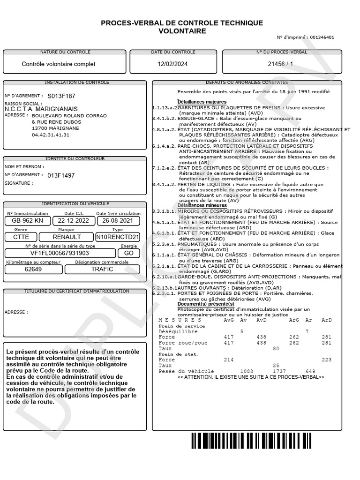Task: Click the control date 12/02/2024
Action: pyautogui.click(x=173, y=64)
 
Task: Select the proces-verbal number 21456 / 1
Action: pyautogui.click(x=281, y=64)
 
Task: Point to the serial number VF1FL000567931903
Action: pyautogui.click(x=60, y=253)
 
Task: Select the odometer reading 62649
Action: pyautogui.click(x=33, y=270)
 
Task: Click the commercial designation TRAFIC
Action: pyautogui.click(x=102, y=270)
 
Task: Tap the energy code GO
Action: pyautogui.click(x=128, y=253)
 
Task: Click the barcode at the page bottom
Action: pyautogui.click(x=265, y=441)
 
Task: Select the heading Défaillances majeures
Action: pyautogui.click(x=202, y=102)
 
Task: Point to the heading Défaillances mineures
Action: pyautogui.click(x=202, y=205)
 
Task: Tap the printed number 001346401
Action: pyautogui.click(x=322, y=37)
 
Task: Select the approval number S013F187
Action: pyautogui.click(x=61, y=96)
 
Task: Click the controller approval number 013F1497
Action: pyautogui.click(x=61, y=176)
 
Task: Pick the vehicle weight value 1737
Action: pyautogui.click(x=279, y=371)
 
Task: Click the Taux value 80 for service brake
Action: pyautogui.click(x=276, y=348)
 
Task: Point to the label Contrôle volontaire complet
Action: pyautogui.click(x=59, y=64)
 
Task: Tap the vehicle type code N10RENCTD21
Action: pyautogui.click(x=118, y=237)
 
